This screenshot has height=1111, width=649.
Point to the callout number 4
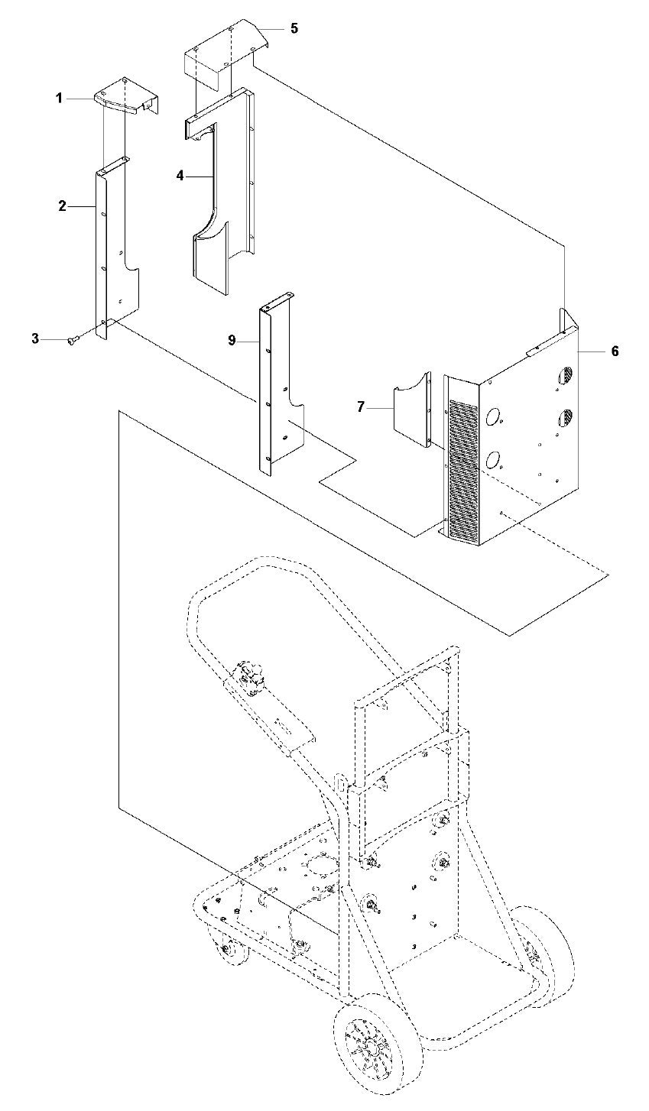point(180,176)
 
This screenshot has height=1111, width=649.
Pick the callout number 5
point(294,28)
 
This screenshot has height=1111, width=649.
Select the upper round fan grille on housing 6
point(566,376)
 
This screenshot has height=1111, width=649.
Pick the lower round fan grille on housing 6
point(566,418)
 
